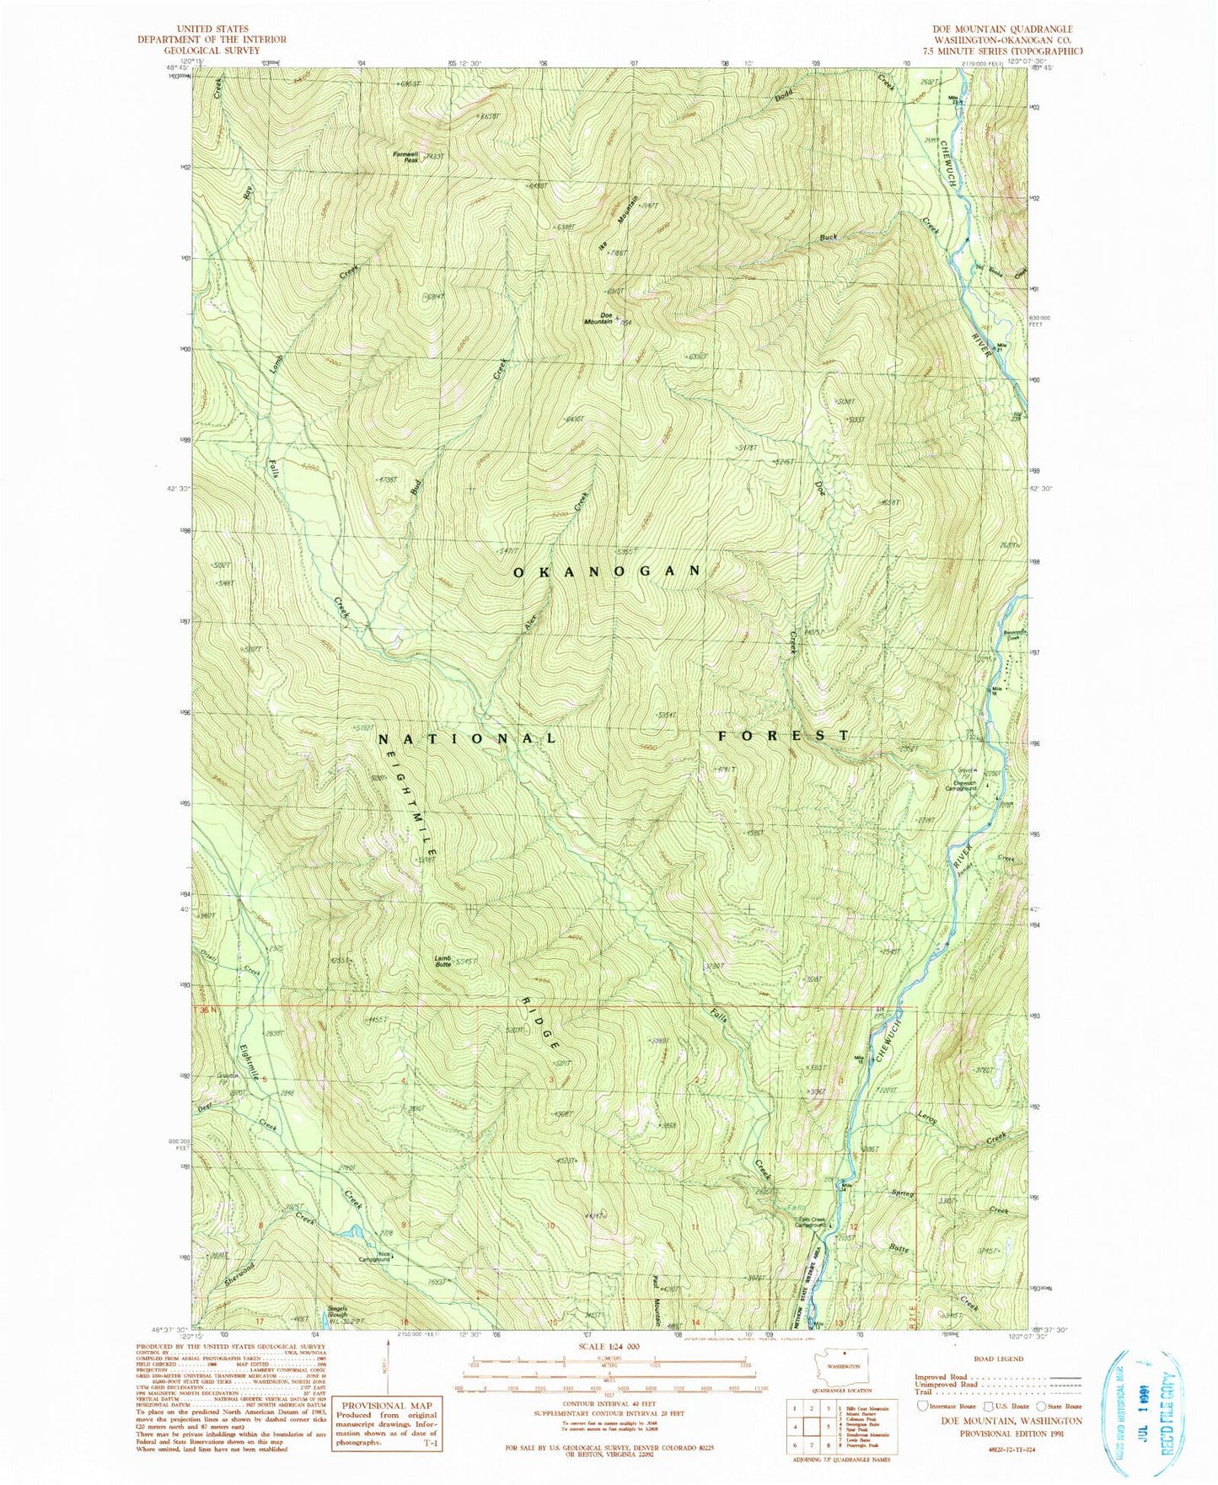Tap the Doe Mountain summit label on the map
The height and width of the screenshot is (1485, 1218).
[600, 319]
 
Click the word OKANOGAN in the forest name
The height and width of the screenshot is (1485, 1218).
[607, 571]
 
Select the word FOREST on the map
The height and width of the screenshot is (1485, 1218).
[783, 736]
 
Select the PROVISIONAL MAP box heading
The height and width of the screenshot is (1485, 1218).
[386, 1405]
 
